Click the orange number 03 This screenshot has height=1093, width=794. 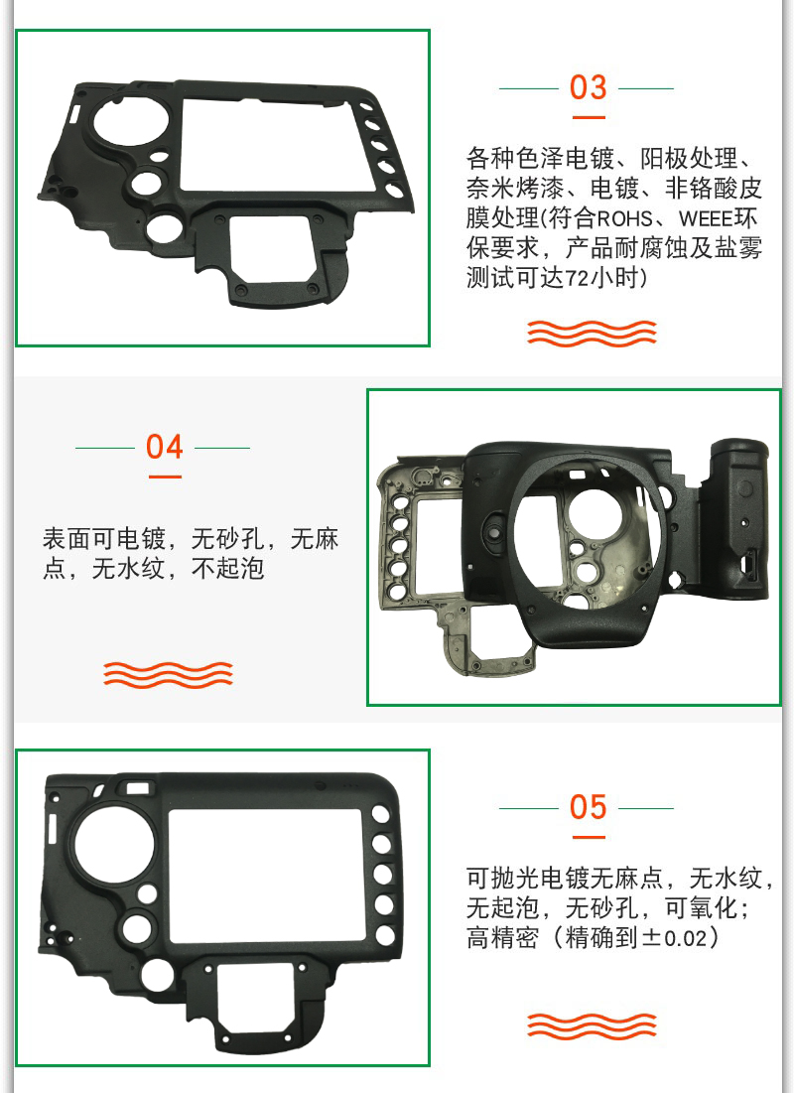pyautogui.click(x=588, y=87)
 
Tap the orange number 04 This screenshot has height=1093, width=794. pyautogui.click(x=164, y=447)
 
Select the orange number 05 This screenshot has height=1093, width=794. pyautogui.click(x=588, y=807)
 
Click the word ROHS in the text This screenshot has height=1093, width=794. pyautogui.click(x=624, y=218)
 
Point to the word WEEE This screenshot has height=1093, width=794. pyautogui.click(x=707, y=218)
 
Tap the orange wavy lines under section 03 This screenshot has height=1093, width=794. pyautogui.click(x=592, y=334)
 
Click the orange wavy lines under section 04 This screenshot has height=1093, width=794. pyautogui.click(x=168, y=674)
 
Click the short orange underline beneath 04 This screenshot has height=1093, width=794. pyautogui.click(x=165, y=478)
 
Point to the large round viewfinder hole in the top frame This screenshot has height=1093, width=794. pyautogui.click(x=130, y=123)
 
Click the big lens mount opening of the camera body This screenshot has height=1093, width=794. pyautogui.click(x=585, y=538)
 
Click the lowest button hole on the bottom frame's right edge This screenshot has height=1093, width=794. pyautogui.click(x=384, y=935)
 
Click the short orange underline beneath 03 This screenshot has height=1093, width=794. pyautogui.click(x=589, y=118)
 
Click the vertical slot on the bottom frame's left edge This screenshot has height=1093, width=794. pyautogui.click(x=51, y=827)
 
